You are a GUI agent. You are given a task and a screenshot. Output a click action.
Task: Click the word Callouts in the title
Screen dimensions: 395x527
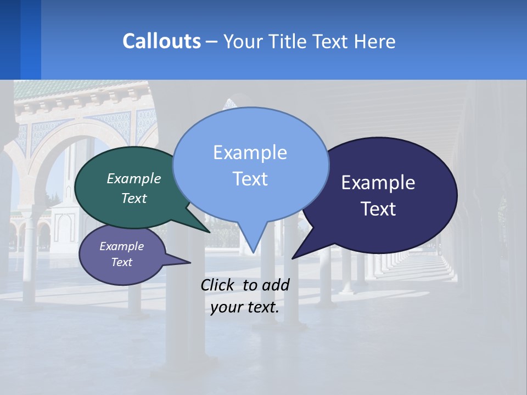tap(161, 41)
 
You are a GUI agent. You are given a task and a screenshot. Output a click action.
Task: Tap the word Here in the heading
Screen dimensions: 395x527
tap(375, 41)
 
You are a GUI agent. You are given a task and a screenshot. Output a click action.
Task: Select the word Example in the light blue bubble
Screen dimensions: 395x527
tap(250, 153)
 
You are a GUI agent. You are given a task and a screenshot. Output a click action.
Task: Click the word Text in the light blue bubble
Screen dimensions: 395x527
tap(250, 179)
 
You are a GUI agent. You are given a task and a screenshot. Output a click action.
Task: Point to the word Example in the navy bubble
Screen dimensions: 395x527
tap(378, 183)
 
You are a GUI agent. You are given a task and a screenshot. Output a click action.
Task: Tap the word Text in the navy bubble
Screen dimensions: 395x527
tap(378, 209)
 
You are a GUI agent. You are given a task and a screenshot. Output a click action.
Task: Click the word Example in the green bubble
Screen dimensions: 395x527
tap(134, 179)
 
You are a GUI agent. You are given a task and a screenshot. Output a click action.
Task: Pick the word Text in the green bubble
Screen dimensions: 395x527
tap(134, 199)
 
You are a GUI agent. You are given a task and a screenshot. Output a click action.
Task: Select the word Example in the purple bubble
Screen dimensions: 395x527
tap(122, 246)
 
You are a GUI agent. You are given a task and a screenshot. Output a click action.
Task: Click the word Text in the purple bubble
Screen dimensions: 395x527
tap(122, 262)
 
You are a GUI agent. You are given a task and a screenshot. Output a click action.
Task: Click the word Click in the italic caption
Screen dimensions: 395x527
tap(218, 285)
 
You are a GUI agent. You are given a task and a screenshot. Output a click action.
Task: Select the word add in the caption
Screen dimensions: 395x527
tap(276, 285)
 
